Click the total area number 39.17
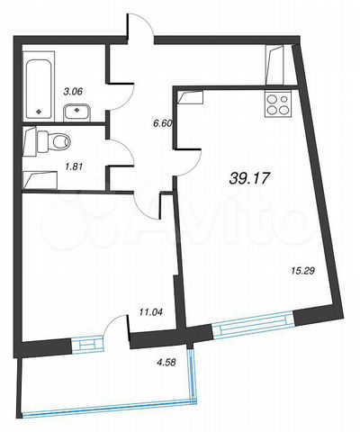250,179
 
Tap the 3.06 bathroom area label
73,91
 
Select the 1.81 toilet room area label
73,166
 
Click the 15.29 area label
301,271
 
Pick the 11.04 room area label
150,312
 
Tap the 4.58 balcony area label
166,363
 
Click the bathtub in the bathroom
40,89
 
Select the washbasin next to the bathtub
77,112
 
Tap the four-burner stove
278,105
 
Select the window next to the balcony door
87,345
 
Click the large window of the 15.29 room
253,326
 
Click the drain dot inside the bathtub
39,112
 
